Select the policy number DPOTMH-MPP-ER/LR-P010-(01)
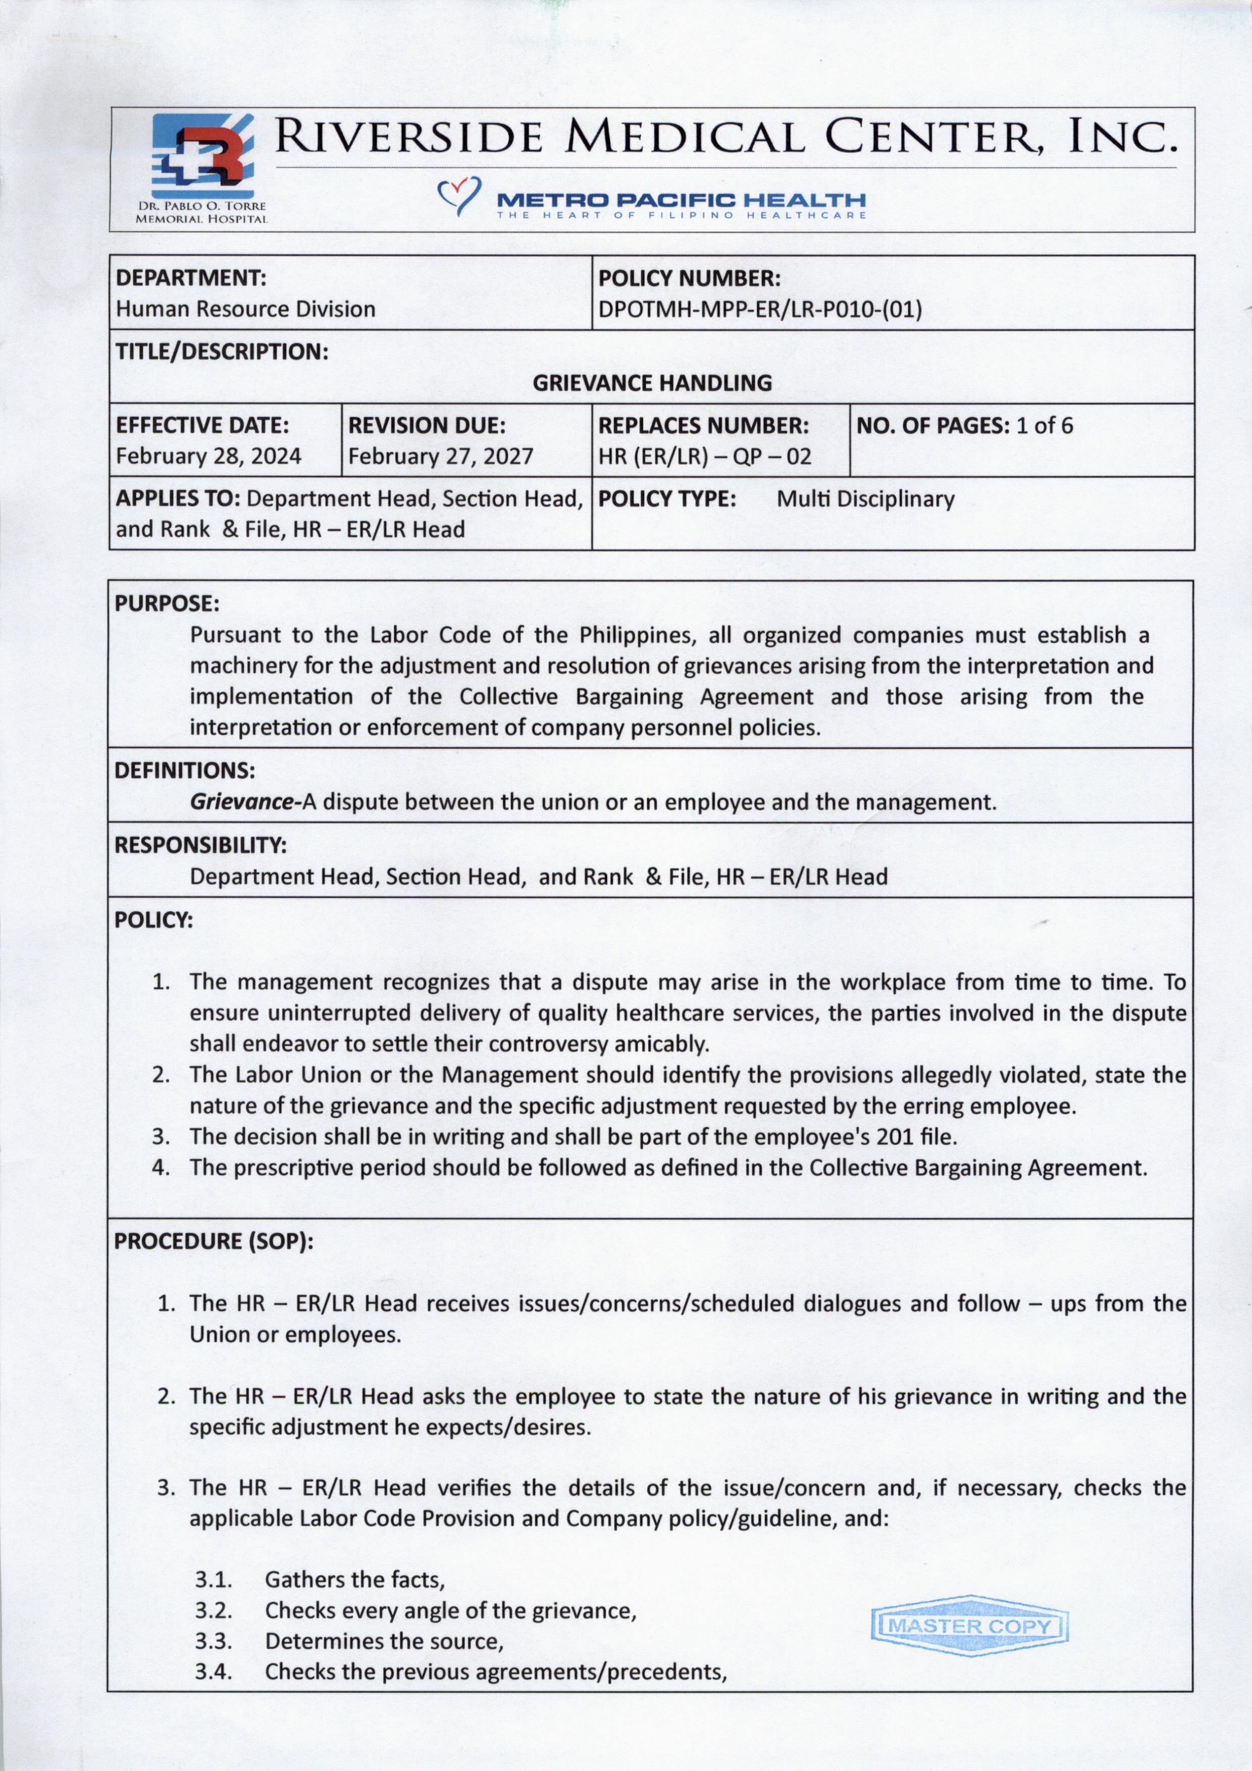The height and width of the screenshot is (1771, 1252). point(760,310)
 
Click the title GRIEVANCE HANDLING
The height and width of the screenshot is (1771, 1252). point(652,383)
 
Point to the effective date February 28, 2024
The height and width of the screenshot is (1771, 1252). point(208,456)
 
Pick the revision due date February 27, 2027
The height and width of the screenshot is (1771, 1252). point(440,456)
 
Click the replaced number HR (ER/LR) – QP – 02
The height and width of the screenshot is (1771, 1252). point(705,457)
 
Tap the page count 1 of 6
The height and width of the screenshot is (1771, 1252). point(1045,426)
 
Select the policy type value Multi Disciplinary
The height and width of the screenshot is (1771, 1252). point(865,499)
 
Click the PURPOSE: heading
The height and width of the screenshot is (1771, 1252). point(167,603)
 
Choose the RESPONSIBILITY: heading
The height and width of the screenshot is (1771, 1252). point(200,845)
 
